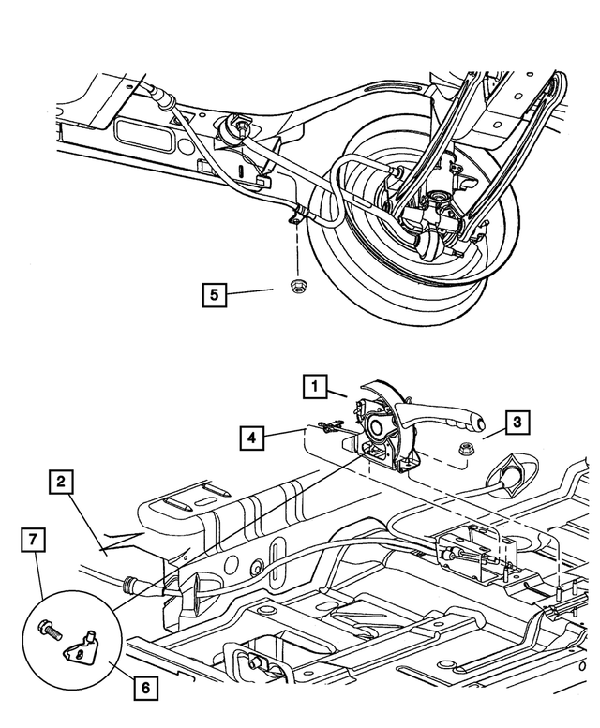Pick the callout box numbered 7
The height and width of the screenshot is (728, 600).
[x=33, y=541]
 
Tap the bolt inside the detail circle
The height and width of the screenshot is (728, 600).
[x=48, y=632]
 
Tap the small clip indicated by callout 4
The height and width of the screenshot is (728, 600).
[x=327, y=427]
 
